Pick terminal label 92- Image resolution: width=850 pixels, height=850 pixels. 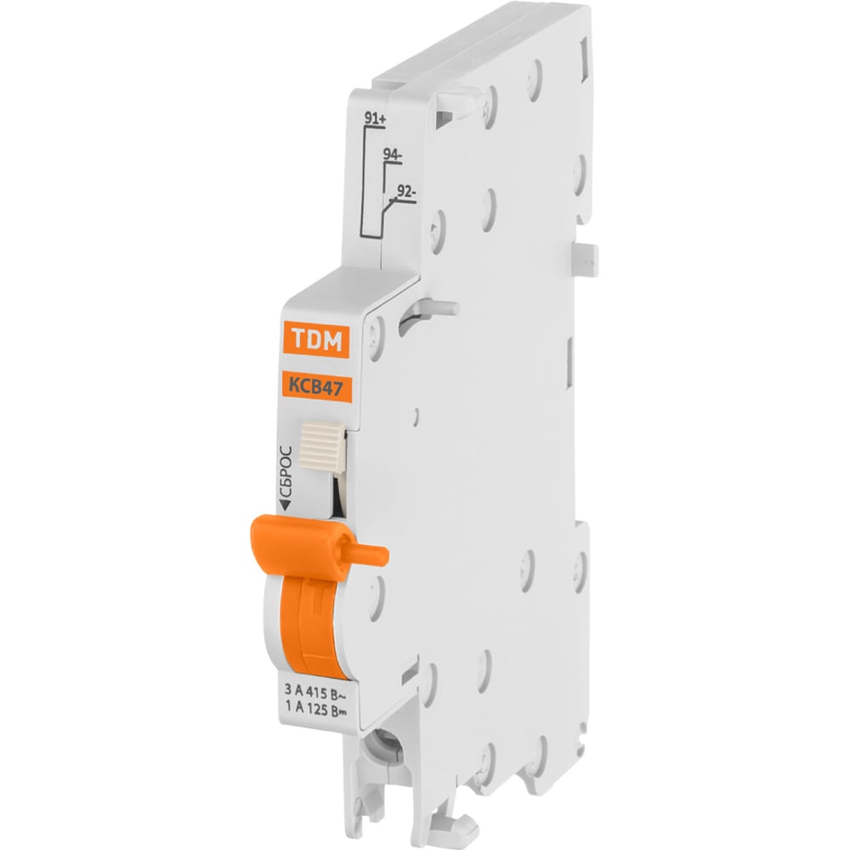[x=407, y=193]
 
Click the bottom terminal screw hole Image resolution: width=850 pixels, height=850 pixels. [x=390, y=751]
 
